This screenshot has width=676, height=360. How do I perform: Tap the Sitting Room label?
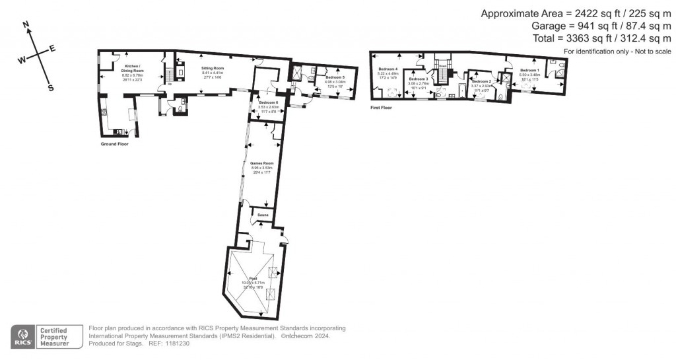pyautogui.click(x=213, y=68)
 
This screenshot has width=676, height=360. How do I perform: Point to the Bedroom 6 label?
pyautogui.click(x=268, y=103)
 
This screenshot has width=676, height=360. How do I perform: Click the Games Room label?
pyautogui.click(x=262, y=163)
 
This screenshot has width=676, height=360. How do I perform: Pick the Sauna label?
pyautogui.click(x=261, y=215)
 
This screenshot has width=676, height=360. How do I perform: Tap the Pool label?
pyautogui.click(x=253, y=278)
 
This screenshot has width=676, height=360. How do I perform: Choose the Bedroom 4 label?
pyautogui.click(x=388, y=69)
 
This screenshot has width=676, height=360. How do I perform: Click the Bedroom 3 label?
pyautogui.click(x=419, y=79)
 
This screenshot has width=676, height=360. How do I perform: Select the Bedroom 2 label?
pyautogui.click(x=481, y=81)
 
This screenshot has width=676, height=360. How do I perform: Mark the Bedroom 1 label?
pyautogui.click(x=529, y=70)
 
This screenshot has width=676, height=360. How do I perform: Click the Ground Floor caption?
pyautogui.click(x=113, y=144)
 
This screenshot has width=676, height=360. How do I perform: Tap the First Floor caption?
pyautogui.click(x=381, y=107)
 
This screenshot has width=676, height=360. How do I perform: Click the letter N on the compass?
pyautogui.click(x=26, y=24)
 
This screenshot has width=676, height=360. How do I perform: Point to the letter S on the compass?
pyautogui.click(x=51, y=87)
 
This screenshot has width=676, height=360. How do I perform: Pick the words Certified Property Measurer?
pyautogui.click(x=60, y=337)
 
